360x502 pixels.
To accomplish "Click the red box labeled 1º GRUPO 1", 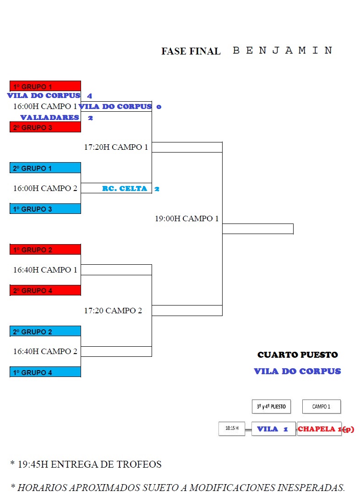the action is pyautogui.click(x=45, y=86).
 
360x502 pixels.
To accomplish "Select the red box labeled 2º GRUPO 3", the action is pyautogui.click(x=45, y=127).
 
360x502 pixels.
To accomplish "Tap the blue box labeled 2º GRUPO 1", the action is pyautogui.click(x=45, y=168).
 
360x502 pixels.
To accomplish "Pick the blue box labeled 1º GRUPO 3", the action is pyautogui.click(x=45, y=209).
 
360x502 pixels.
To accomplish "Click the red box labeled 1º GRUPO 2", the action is pyautogui.click(x=45, y=250).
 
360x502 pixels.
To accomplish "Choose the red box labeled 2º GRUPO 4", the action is pyautogui.click(x=45, y=290).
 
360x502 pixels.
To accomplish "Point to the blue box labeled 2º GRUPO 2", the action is pyautogui.click(x=45, y=331).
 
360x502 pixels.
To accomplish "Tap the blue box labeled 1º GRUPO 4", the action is pyautogui.click(x=45, y=372).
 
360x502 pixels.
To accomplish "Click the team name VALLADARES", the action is pyautogui.click(x=49, y=118).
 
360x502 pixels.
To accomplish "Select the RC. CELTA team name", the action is pyautogui.click(x=125, y=189).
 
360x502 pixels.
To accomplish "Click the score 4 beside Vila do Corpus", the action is pyautogui.click(x=90, y=96).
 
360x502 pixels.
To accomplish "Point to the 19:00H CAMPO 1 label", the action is pyautogui.click(x=187, y=218).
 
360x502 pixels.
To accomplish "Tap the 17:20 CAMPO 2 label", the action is pyautogui.click(x=113, y=311).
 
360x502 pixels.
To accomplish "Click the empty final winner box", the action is pyautogui.click(x=258, y=229).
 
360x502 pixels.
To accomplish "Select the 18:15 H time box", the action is pyautogui.click(x=232, y=428).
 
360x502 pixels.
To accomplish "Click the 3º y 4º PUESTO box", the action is pyautogui.click(x=271, y=407).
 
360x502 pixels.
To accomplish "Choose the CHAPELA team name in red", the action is pyautogui.click(x=316, y=429).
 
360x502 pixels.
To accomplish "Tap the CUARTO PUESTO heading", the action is pyautogui.click(x=298, y=355).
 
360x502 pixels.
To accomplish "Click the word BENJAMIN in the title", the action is pyautogui.click(x=283, y=50).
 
